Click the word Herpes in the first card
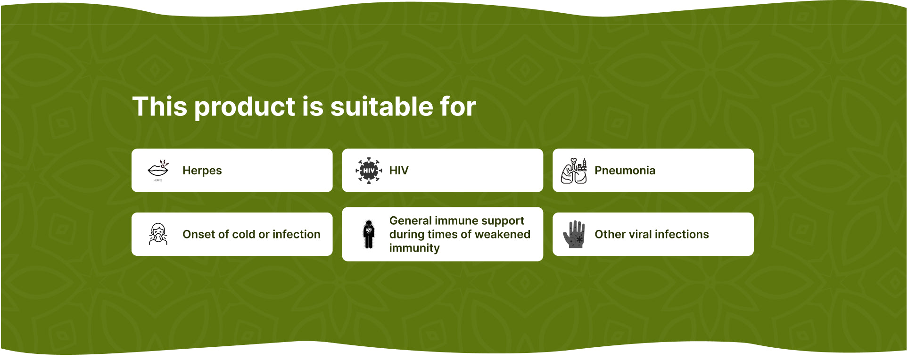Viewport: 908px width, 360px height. tap(202, 171)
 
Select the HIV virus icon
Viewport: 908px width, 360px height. tap(369, 171)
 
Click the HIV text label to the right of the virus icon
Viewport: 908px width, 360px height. tap(399, 171)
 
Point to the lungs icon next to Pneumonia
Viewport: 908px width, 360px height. tap(574, 171)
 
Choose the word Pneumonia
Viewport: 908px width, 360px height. tap(625, 171)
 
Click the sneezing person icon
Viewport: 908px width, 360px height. tap(158, 234)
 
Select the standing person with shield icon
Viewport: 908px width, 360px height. tap(369, 234)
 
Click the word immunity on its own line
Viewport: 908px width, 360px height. tap(414, 248)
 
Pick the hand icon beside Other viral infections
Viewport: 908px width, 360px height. tap(574, 234)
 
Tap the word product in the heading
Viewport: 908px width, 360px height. tap(245, 107)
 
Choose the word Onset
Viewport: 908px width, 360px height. tap(198, 234)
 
